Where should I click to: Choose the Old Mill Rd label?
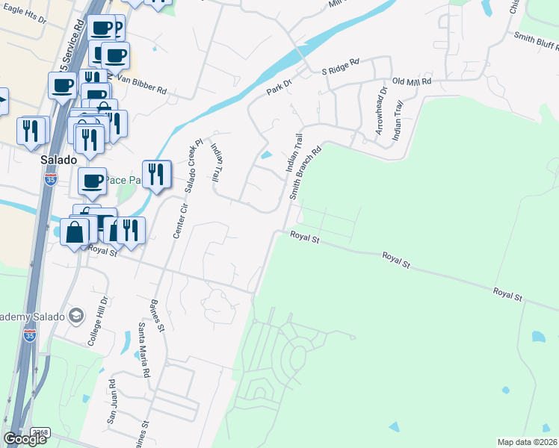point(412,81)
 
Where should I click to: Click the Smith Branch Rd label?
point(306,172)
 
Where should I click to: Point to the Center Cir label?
point(178,221)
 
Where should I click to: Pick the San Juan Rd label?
point(111,402)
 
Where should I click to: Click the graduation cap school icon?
point(75,316)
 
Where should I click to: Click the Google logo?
point(25,439)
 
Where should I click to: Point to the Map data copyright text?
point(527,442)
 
